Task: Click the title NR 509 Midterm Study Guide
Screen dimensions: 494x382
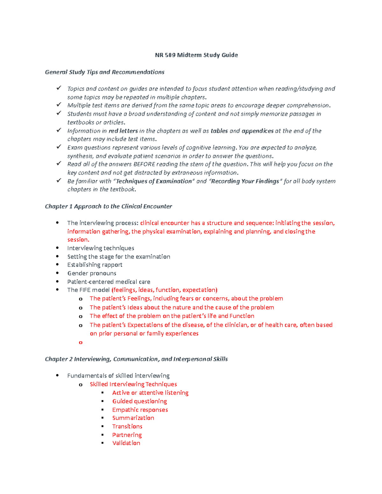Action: tap(196, 55)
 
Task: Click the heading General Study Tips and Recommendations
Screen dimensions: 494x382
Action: tap(104, 72)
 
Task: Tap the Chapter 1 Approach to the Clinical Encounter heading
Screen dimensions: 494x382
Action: tap(108, 206)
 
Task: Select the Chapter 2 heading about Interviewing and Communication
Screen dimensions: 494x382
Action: tap(136, 359)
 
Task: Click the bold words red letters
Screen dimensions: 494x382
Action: tap(123, 131)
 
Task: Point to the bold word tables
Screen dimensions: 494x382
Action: tap(219, 131)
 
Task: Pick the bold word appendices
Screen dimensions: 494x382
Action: tap(258, 131)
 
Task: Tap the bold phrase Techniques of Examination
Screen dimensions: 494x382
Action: tap(154, 181)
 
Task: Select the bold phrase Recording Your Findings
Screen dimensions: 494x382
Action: tap(245, 181)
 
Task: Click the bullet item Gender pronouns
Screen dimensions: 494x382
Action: tap(92, 273)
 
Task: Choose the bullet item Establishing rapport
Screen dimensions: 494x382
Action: tap(95, 265)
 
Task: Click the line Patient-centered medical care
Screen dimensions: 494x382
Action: tap(109, 282)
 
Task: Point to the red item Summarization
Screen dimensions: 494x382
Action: tap(133, 418)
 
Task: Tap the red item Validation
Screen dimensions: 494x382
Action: tap(126, 443)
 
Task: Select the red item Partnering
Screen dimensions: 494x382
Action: tap(127, 435)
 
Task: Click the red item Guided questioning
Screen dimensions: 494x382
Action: tap(139, 401)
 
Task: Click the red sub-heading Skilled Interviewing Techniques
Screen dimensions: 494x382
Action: tap(133, 384)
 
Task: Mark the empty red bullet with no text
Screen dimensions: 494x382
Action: tap(81, 343)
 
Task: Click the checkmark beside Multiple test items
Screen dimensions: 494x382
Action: tap(59, 105)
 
